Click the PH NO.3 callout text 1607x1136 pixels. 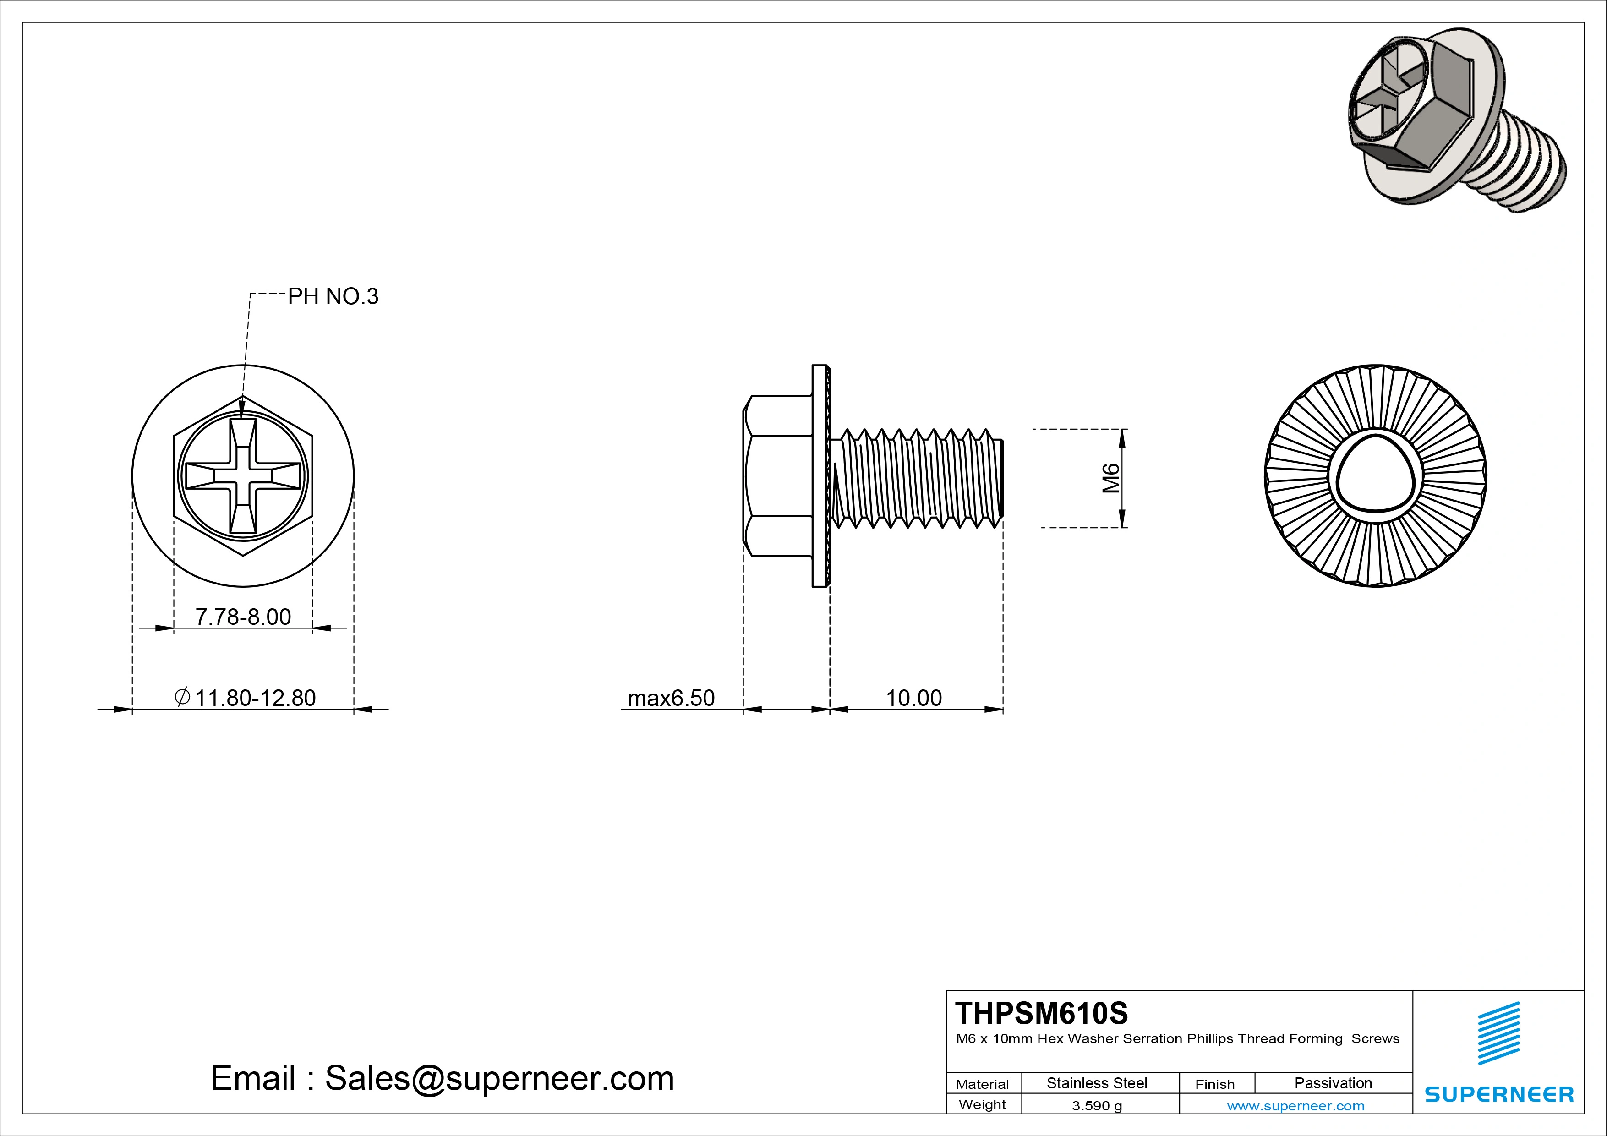[333, 297]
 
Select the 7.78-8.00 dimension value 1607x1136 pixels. [243, 617]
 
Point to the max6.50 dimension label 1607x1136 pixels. [671, 698]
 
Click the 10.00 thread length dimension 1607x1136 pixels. [914, 698]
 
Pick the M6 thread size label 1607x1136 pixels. [1111, 478]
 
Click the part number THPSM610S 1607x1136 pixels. [1041, 1013]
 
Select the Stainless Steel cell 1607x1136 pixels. [1097, 1083]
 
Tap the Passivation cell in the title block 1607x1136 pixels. [1333, 1083]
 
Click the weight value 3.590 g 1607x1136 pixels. [1097, 1106]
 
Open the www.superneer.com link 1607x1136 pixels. [1295, 1106]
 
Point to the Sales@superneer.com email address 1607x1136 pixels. [499, 1078]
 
